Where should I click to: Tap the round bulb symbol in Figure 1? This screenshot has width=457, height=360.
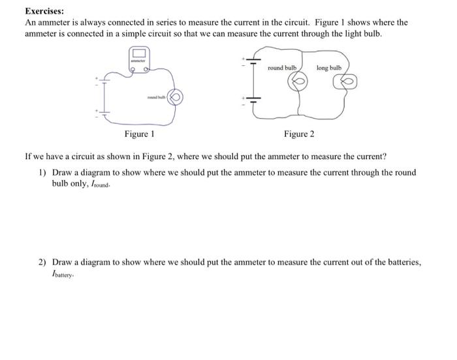pyautogui.click(x=176, y=97)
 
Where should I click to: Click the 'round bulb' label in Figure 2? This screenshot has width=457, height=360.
pyautogui.click(x=282, y=68)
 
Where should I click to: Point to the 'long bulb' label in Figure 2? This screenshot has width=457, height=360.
pyautogui.click(x=329, y=68)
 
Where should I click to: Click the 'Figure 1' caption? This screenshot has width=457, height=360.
pyautogui.click(x=140, y=134)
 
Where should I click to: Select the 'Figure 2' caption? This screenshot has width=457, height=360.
pyautogui.click(x=299, y=134)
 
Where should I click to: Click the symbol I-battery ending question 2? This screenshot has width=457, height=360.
pyautogui.click(x=62, y=274)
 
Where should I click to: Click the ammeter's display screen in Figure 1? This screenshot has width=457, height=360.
pyautogui.click(x=138, y=53)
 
